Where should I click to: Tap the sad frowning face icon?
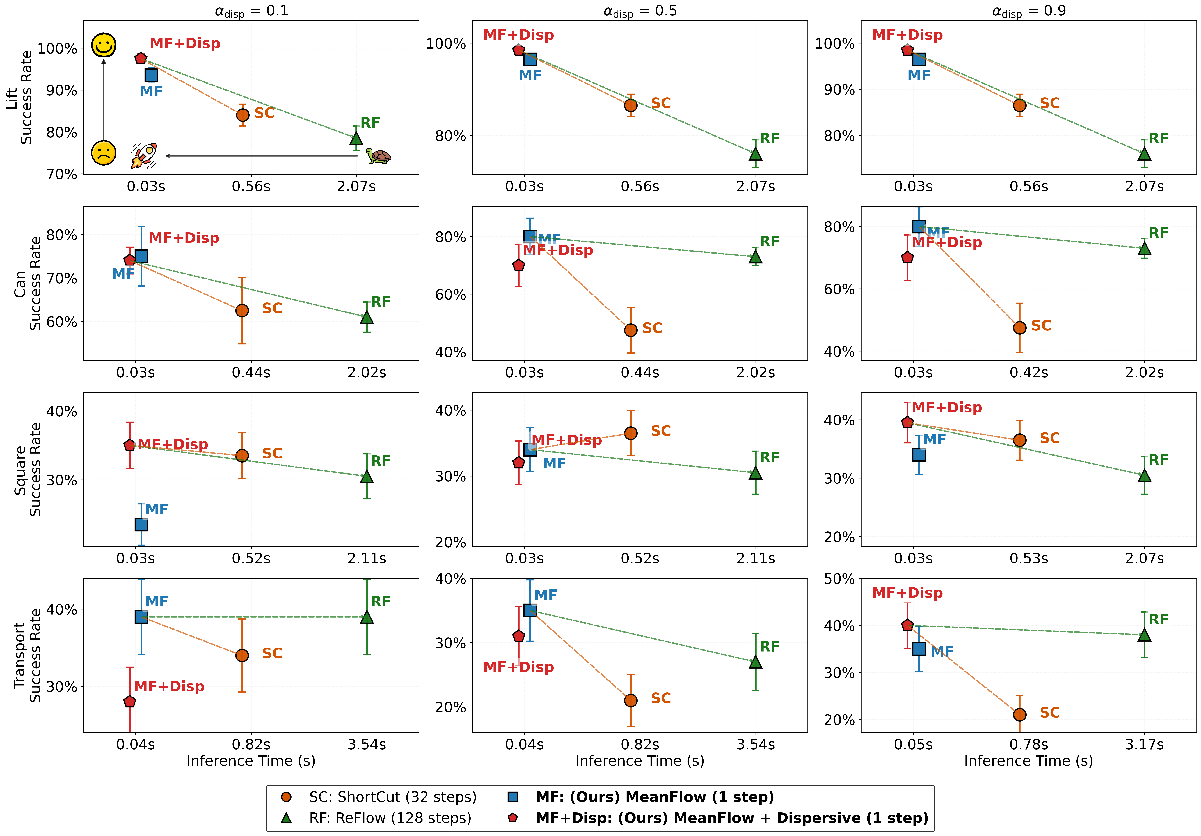[104, 153]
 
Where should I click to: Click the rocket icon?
[144, 155]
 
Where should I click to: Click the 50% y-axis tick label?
[839, 579]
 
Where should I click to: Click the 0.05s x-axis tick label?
[913, 744]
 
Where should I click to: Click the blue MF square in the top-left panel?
[151, 75]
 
